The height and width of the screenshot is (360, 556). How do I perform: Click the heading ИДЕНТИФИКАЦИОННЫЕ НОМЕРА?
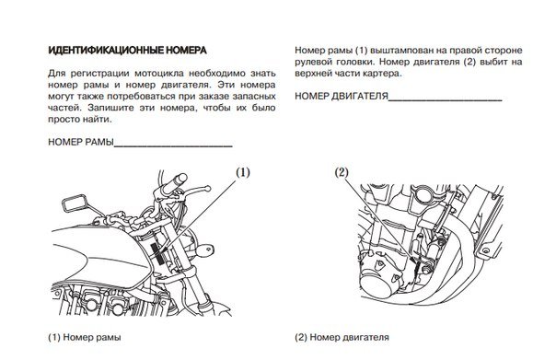point(127,51)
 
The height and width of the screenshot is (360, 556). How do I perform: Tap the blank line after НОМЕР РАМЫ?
point(173,145)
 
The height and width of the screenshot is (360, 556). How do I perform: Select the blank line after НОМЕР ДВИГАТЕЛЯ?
point(445,100)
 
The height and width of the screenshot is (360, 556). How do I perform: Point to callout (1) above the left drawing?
point(243,172)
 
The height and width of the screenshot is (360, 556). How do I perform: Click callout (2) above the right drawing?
point(342,172)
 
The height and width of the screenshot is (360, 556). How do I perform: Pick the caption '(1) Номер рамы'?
point(85,337)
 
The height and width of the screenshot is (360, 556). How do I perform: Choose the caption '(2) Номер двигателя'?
point(342,337)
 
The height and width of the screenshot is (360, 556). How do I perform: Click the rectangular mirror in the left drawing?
point(74,203)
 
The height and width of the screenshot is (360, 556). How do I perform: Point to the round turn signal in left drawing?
point(205,249)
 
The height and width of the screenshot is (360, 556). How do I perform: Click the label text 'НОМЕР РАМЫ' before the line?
point(81,142)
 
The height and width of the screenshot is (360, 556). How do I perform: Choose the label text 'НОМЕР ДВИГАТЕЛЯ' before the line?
point(342,96)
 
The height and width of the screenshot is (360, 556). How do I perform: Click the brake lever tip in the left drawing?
point(208,189)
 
